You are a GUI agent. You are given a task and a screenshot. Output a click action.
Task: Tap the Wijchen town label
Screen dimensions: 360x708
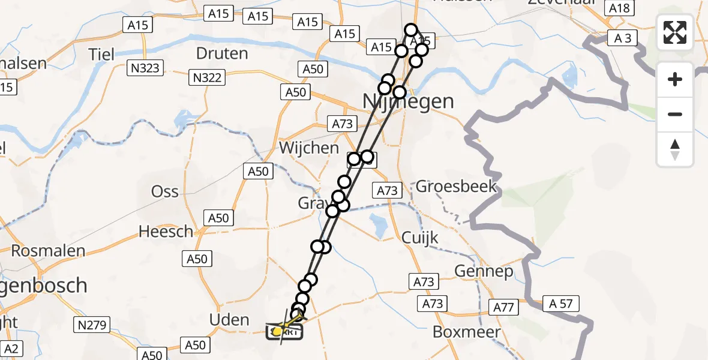(x=308, y=148)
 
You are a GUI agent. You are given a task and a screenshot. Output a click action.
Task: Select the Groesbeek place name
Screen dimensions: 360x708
(x=457, y=186)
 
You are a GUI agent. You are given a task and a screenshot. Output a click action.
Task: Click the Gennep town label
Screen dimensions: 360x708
(x=484, y=272)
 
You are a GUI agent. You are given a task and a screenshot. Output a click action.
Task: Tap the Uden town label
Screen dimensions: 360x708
(x=230, y=320)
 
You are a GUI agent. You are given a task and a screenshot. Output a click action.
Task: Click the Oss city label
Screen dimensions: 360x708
(x=165, y=191)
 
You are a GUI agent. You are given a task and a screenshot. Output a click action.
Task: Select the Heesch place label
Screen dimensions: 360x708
(x=166, y=231)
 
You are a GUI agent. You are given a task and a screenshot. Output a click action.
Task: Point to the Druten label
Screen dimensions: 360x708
(x=222, y=53)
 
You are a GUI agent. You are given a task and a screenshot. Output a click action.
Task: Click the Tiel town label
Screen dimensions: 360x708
(x=101, y=55)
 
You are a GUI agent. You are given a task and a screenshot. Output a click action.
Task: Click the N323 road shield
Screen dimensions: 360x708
(x=145, y=68)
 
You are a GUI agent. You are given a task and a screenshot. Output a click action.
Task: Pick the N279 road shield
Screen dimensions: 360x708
(x=92, y=326)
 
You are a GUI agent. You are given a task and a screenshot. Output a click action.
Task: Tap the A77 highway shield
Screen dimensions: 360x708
(x=504, y=308)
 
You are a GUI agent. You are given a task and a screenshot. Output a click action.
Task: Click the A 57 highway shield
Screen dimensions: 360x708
(x=561, y=304)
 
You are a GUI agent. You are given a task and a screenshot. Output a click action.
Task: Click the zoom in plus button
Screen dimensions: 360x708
(x=675, y=79)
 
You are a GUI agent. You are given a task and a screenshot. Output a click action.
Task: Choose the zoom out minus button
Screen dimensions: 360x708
(x=675, y=114)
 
